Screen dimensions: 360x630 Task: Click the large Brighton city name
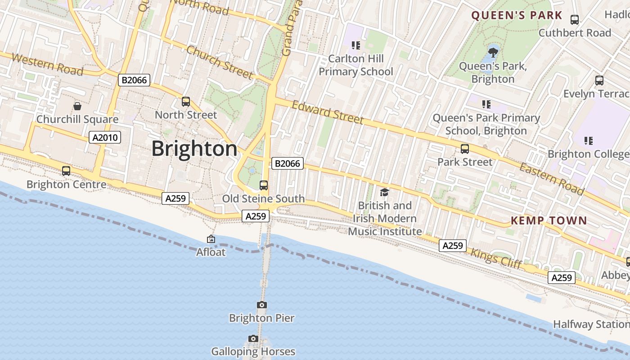tap(194, 148)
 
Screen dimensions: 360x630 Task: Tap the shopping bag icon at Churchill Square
tap(77, 106)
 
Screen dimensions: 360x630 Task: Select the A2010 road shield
tap(105, 137)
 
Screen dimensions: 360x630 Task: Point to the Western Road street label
tap(47, 65)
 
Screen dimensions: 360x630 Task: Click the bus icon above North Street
tap(186, 102)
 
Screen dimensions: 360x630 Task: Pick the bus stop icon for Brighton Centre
tap(66, 171)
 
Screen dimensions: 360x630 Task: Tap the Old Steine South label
tap(263, 198)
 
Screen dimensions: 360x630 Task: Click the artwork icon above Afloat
tap(211, 239)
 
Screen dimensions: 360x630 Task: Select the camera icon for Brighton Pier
tap(262, 305)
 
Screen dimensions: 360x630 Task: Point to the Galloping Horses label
tap(253, 351)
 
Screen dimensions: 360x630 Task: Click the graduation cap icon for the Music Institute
tap(384, 193)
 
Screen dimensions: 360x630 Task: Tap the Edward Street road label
tap(328, 112)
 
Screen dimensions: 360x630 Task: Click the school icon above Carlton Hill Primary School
tap(356, 45)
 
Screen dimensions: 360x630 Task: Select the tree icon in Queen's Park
tap(493, 52)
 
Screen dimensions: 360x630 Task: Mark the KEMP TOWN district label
tap(549, 220)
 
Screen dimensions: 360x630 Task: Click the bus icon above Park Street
tap(465, 149)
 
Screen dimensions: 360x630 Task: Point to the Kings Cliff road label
tap(496, 259)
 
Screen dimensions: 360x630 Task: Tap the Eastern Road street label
tap(552, 179)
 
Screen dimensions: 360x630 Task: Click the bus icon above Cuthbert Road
tap(575, 20)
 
